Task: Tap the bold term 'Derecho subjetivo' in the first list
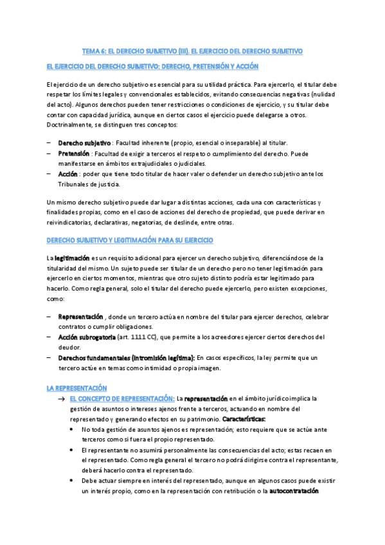[x=84, y=143]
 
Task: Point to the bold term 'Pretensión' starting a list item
[x=74, y=154]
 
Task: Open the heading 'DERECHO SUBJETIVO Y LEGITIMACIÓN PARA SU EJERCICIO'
[x=130, y=240]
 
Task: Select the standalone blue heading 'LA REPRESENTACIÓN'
[x=76, y=388]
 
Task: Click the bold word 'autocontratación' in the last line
[x=294, y=491]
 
